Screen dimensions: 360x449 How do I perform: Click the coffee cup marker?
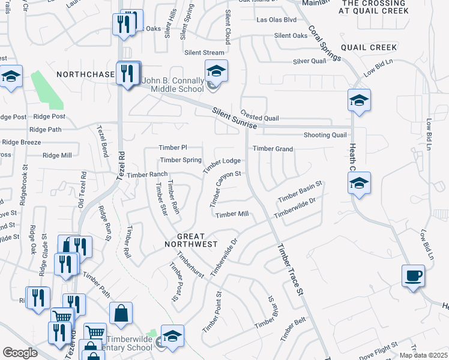pos(414,277)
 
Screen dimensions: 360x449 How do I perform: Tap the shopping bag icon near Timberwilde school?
pos(121,313)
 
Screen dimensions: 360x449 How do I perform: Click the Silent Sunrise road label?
pos(235,118)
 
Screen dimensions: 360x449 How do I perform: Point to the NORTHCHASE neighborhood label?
pos(85,74)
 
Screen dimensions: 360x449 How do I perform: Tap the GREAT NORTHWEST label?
pos(191,241)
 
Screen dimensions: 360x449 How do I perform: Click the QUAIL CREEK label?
pos(369,47)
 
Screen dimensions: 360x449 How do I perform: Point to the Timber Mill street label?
pos(232,214)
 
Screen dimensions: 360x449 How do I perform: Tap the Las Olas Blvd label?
pos(277,19)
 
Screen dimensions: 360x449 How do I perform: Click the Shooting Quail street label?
pos(325,135)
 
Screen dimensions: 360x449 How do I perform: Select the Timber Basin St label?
pos(300,191)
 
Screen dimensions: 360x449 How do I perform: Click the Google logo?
pos(20,352)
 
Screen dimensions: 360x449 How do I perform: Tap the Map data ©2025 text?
pos(423,355)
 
